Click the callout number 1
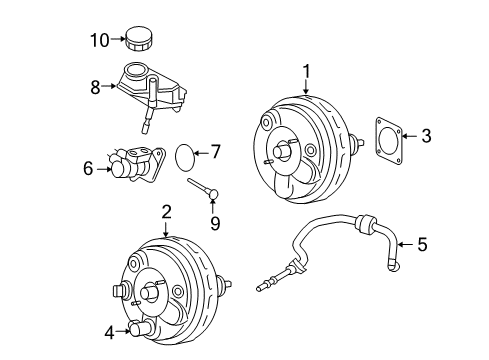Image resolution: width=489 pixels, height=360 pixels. (307, 70)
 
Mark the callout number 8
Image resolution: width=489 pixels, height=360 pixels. (96, 87)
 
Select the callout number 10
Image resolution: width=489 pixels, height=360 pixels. (97, 40)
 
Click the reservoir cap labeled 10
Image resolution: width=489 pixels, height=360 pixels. (139, 41)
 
